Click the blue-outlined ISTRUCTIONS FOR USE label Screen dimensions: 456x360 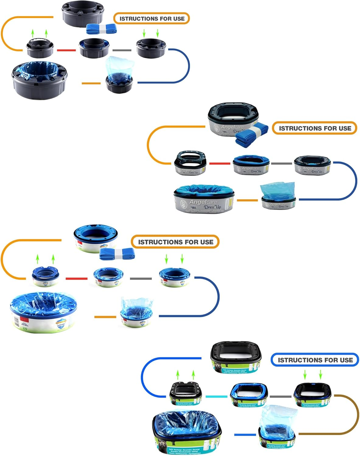click(315, 360)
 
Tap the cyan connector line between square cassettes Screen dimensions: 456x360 click(216, 396)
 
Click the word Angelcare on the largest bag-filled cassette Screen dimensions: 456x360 click(203, 202)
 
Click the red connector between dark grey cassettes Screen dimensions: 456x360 click(66, 50)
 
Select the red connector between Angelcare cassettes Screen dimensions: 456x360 click(219, 164)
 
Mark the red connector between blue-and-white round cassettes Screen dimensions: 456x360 click(76, 278)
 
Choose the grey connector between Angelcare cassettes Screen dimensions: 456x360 click(281, 164)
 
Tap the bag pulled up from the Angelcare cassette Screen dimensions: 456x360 click(277, 190)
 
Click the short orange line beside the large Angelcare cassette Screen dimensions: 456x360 click(247, 200)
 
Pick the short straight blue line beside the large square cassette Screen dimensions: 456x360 click(245, 434)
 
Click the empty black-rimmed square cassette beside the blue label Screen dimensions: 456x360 click(236, 357)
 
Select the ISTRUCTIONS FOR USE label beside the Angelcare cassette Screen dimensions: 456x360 click(314, 128)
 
